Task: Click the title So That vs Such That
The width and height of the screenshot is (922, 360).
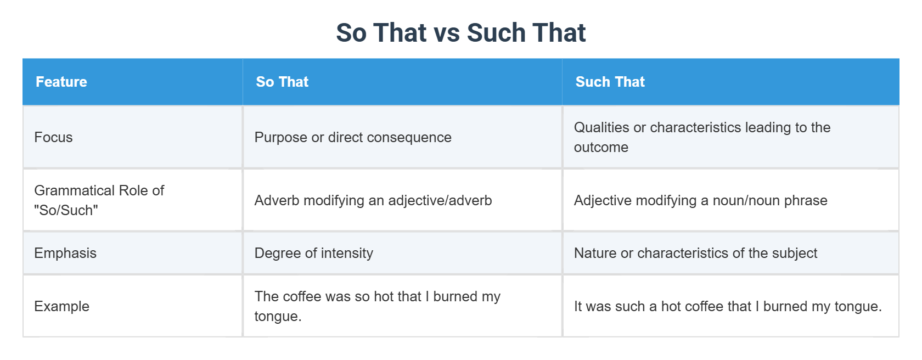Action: pos(460,32)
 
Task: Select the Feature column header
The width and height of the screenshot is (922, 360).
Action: pos(61,82)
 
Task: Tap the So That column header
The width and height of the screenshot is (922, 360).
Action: pos(282,82)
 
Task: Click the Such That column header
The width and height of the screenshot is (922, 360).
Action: pos(610,82)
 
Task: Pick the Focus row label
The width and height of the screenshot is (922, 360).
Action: pos(53,137)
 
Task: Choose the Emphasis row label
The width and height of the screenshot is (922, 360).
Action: pos(65,253)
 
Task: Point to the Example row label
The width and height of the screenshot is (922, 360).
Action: pos(61,307)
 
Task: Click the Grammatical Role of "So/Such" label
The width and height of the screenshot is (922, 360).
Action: pos(99,200)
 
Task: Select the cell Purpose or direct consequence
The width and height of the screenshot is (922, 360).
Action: pos(353,137)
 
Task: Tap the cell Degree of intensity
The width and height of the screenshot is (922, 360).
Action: pos(314,253)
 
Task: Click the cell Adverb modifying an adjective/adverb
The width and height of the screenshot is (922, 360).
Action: pos(373,200)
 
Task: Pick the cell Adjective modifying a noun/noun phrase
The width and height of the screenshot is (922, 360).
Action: pos(700,200)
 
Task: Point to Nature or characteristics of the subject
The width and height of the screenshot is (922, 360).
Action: pos(696,253)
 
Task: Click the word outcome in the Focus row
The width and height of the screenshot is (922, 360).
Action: pos(601,147)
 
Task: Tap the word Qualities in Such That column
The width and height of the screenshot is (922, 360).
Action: pos(601,127)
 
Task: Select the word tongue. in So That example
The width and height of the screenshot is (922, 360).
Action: pos(278,317)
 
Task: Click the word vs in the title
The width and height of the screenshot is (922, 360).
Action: pos(447,33)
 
